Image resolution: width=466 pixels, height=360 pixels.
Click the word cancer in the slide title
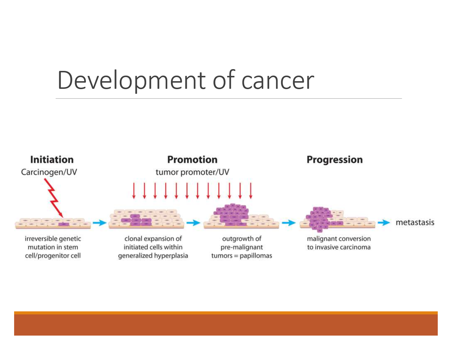(278, 80)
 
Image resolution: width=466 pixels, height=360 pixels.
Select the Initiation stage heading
(52, 160)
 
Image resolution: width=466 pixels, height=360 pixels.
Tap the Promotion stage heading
(192, 160)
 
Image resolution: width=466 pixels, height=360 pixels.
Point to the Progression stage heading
(334, 160)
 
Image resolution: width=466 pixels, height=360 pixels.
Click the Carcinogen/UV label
(49, 172)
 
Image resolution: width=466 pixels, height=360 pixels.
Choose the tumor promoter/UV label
(192, 172)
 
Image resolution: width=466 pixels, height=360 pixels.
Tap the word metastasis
(415, 222)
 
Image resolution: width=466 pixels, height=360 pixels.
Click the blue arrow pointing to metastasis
(384, 223)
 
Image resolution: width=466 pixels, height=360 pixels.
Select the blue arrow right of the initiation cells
(99, 223)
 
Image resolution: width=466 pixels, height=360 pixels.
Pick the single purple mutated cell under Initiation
(64, 224)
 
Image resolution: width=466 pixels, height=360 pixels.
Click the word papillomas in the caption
(256, 256)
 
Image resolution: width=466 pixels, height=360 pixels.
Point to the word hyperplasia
(171, 256)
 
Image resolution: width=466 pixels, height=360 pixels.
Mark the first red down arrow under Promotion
(134, 191)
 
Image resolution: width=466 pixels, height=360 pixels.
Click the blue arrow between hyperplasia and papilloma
(193, 223)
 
